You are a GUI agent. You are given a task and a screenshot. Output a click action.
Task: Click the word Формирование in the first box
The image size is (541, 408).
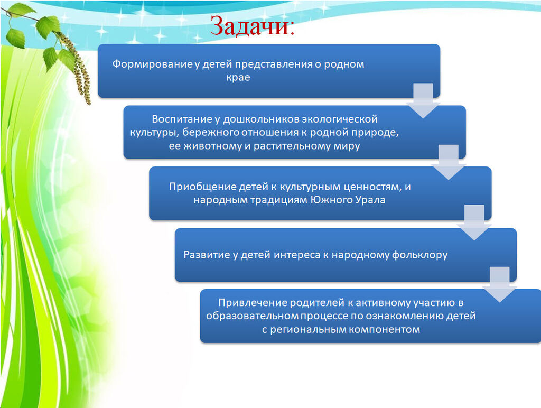tap(152, 64)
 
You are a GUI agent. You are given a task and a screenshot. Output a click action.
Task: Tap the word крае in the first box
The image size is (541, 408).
tap(238, 78)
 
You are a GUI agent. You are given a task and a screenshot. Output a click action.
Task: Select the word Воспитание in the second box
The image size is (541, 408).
tap(182, 119)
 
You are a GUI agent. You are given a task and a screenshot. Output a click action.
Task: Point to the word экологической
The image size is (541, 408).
tap(340, 119)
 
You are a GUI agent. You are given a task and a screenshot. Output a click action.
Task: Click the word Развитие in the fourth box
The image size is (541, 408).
tap(207, 255)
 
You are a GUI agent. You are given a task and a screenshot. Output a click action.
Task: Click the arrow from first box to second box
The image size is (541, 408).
tap(423, 101)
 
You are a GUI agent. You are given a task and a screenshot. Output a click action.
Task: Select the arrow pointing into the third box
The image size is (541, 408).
tap(449, 162)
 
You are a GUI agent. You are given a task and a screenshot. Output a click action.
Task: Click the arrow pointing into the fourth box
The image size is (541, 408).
tap(474, 222)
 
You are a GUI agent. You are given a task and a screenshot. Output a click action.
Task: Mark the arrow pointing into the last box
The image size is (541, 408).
tap(500, 284)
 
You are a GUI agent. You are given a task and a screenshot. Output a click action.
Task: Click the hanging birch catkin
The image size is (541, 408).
tap(77, 67)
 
